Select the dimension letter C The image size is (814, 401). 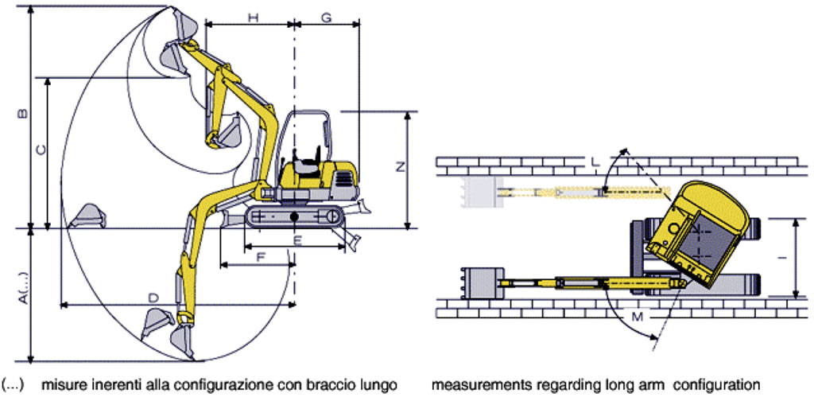coord(41,150)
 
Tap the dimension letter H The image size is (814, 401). coord(253,18)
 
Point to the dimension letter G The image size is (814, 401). coord(326,18)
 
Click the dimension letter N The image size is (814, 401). coord(399,167)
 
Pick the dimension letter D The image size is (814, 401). coord(153,298)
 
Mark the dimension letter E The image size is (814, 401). coord(297,240)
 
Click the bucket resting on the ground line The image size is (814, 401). coord(87,216)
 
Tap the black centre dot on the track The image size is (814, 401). coord(294,216)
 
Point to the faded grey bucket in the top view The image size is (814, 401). coord(482,192)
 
